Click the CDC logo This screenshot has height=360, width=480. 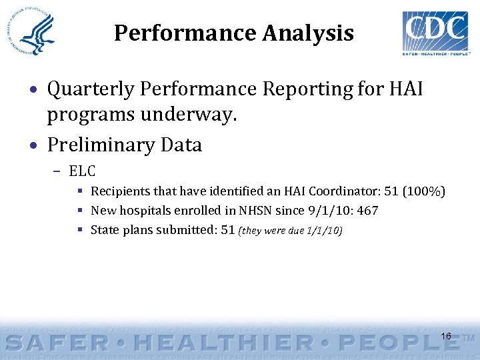click(x=435, y=31)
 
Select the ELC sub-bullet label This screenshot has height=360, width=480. click(x=82, y=171)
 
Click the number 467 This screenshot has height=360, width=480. click(x=367, y=211)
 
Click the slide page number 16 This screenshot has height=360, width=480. click(x=446, y=336)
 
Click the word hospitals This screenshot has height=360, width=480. click(x=140, y=211)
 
